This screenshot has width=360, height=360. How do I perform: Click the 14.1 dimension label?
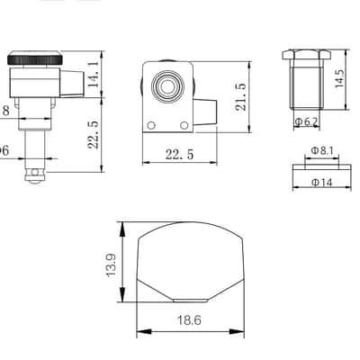[94, 74]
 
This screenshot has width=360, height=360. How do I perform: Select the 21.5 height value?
[240, 97]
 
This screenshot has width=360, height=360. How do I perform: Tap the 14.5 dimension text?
[339, 78]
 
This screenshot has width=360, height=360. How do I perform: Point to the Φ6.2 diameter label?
[306, 121]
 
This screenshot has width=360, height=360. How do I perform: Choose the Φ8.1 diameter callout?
[322, 150]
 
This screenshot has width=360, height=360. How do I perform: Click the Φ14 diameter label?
[322, 182]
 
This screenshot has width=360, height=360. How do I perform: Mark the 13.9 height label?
[111, 265]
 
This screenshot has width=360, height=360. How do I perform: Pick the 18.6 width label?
[189, 320]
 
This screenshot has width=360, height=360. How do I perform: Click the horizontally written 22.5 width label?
[179, 155]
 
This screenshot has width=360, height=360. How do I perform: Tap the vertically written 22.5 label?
[94, 135]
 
